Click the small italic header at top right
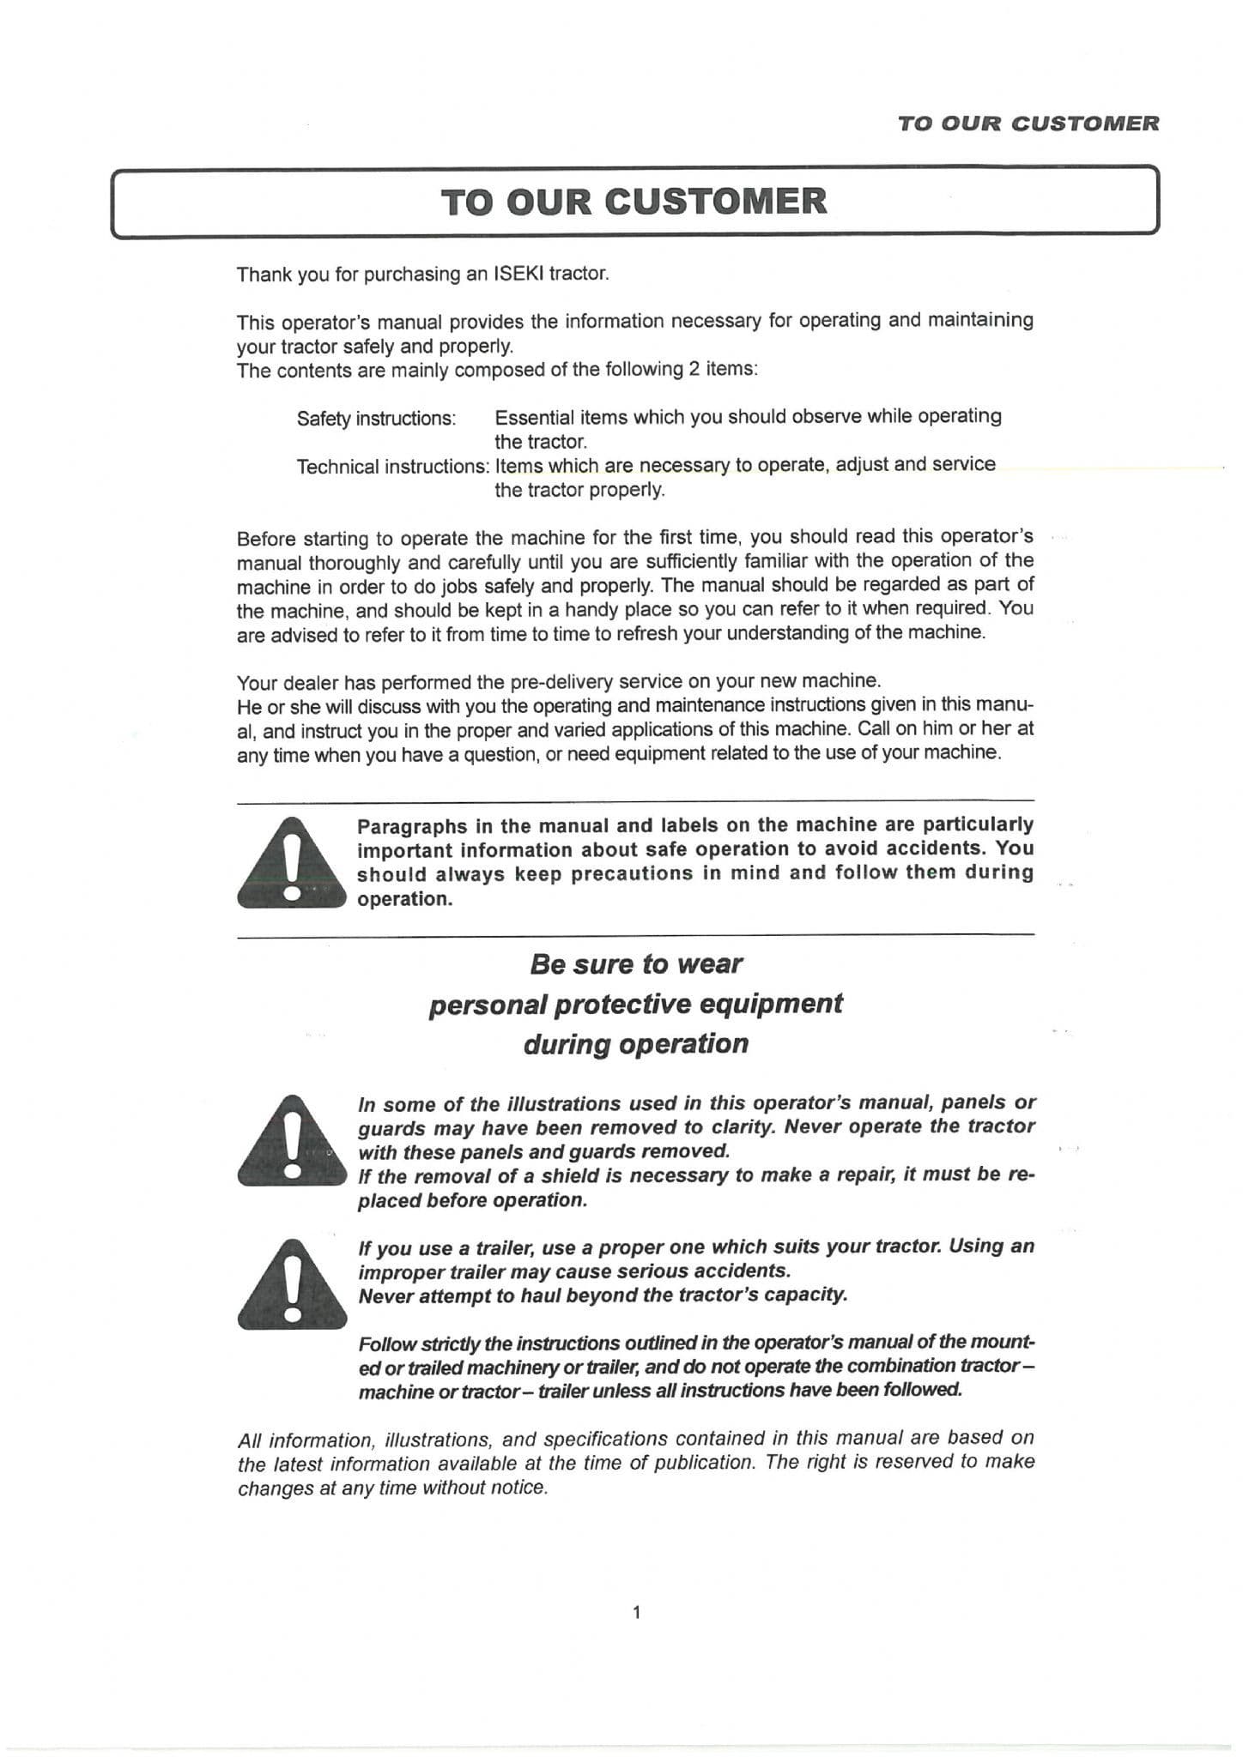(x=1028, y=124)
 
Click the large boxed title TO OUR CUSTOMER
(x=634, y=202)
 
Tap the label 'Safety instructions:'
(x=376, y=419)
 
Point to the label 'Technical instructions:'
(x=392, y=467)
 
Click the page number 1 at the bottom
(x=636, y=1612)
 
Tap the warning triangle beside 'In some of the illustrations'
(x=292, y=1143)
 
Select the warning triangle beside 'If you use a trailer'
(x=292, y=1287)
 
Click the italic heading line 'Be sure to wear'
(x=635, y=963)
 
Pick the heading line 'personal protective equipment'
(x=635, y=1004)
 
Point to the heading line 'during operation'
(x=635, y=1044)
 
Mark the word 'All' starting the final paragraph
(x=250, y=1440)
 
